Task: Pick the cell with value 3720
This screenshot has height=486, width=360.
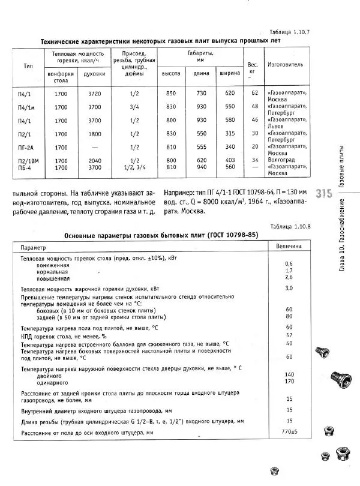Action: (95, 94)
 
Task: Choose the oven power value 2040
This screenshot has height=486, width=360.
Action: (95, 160)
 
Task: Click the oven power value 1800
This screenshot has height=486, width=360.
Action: (95, 133)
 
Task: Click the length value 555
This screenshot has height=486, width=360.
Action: (200, 147)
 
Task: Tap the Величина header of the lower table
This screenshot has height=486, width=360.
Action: (289, 247)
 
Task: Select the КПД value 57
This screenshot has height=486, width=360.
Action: (289, 335)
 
